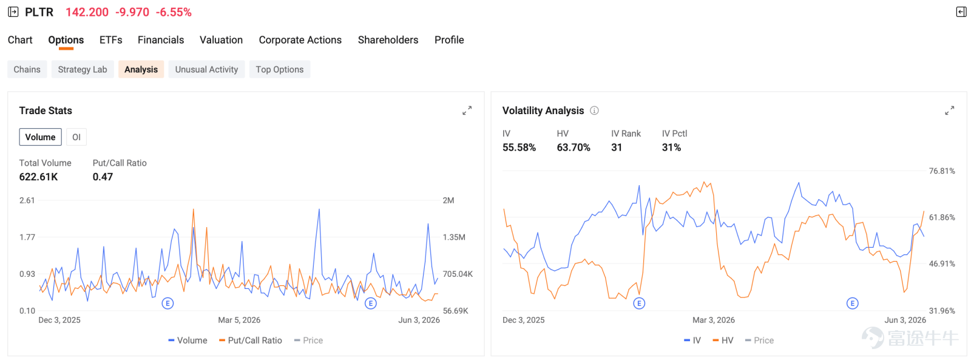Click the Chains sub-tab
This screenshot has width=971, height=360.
[27, 69]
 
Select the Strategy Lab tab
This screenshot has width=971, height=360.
[83, 69]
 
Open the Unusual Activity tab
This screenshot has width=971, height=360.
[206, 69]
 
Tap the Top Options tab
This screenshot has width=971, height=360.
[280, 69]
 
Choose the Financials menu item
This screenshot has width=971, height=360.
[161, 40]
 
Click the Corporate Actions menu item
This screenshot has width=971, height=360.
[300, 40]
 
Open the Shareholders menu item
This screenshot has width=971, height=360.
[388, 40]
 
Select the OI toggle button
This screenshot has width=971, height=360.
[76, 137]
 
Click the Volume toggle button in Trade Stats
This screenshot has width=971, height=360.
[40, 137]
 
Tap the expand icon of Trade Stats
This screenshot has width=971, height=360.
[467, 110]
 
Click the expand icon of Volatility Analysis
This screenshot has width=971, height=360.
[949, 110]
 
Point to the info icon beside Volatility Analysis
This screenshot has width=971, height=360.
[594, 110]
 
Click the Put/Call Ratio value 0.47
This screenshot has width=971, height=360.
[103, 177]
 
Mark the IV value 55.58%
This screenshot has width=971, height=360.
[519, 148]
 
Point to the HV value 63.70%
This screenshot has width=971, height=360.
[573, 148]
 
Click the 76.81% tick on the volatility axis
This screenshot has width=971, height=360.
[941, 171]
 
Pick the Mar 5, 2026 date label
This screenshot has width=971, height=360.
[239, 320]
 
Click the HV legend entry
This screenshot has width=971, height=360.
[723, 341]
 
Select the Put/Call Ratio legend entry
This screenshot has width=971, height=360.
[251, 341]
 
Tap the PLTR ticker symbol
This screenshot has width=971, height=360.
[39, 12]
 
